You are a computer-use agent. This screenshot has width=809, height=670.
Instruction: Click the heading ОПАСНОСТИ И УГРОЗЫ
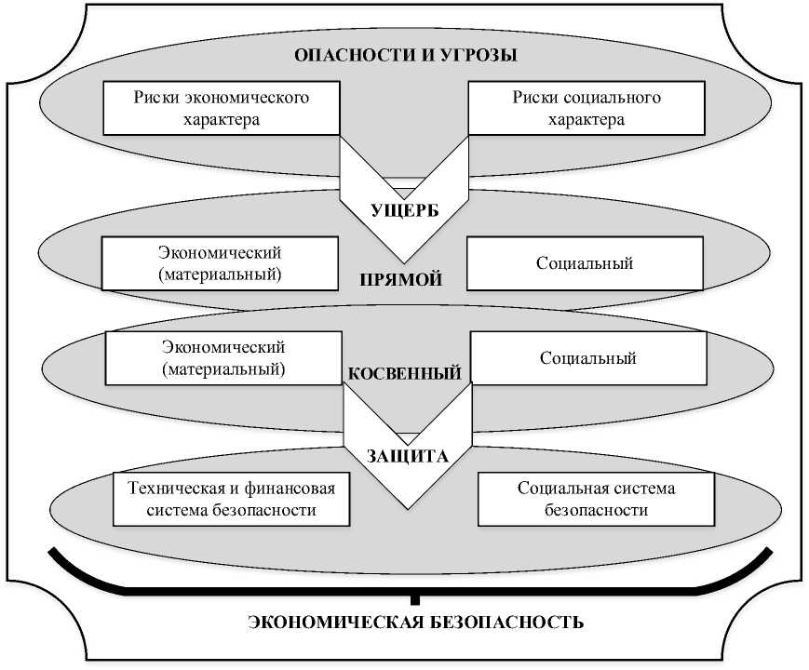point(405,54)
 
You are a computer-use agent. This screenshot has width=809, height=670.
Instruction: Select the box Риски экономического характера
point(221,108)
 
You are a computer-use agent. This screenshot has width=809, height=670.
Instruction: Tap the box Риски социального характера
point(587,108)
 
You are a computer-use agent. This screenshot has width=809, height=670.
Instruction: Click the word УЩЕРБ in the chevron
point(404,211)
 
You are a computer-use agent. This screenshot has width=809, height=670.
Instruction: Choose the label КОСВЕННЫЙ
point(405,374)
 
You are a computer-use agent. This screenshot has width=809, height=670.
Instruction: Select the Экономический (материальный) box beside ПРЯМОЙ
point(220,263)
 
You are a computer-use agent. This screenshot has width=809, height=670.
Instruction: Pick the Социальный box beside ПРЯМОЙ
point(585,263)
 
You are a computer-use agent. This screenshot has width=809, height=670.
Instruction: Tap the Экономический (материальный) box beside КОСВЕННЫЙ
point(223,357)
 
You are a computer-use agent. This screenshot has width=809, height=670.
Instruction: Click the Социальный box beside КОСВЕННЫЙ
point(588,358)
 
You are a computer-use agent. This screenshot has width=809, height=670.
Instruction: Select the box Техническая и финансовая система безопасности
point(231,499)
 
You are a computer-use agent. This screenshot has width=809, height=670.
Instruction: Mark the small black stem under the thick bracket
point(414,597)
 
